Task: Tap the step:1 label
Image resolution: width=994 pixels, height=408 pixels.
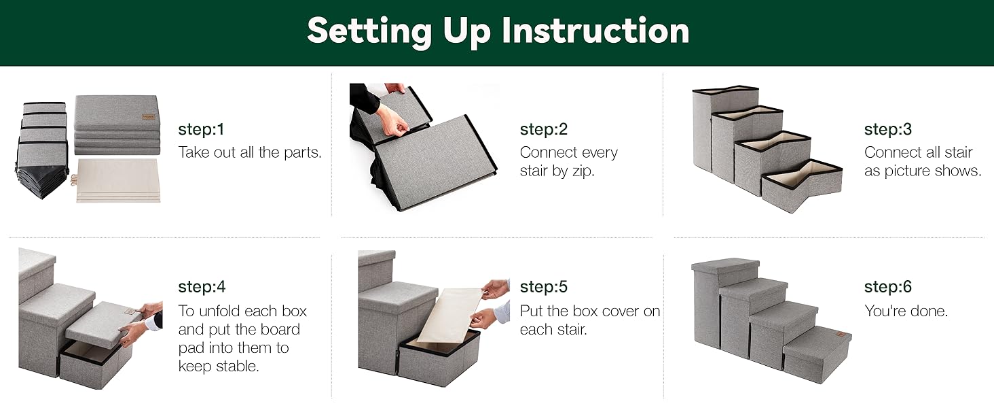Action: point(201,129)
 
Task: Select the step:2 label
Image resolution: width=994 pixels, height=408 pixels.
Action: point(544,129)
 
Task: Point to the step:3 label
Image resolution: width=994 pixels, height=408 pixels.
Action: point(888,129)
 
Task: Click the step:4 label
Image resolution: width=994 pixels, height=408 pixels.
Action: point(202,287)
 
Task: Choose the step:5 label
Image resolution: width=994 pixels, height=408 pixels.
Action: point(544,287)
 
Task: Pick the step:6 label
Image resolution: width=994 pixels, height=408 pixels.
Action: point(888,287)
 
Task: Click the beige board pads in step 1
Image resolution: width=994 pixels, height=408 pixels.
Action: point(118,180)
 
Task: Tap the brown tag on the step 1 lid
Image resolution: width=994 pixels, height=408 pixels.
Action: point(148,117)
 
